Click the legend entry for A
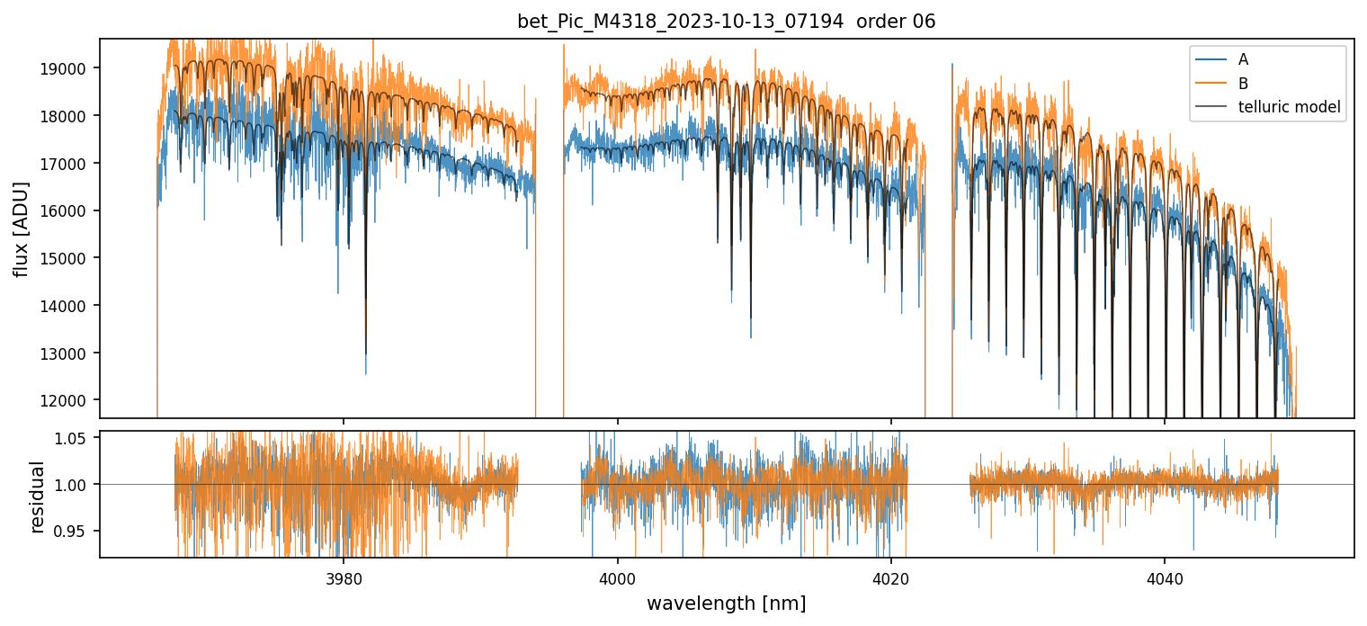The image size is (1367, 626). (x=1243, y=59)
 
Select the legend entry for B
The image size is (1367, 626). (x=1243, y=84)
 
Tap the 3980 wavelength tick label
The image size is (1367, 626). (x=344, y=577)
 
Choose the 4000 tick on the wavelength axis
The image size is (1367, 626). (x=617, y=577)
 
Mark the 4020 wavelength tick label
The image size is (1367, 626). (x=890, y=577)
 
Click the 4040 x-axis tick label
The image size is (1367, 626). (x=1165, y=577)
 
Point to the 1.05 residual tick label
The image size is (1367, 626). (x=76, y=438)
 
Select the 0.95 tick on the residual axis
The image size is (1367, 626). (x=76, y=531)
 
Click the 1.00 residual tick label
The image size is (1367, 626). (x=76, y=485)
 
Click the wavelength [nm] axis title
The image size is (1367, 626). (x=726, y=603)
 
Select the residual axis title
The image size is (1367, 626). (x=37, y=496)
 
